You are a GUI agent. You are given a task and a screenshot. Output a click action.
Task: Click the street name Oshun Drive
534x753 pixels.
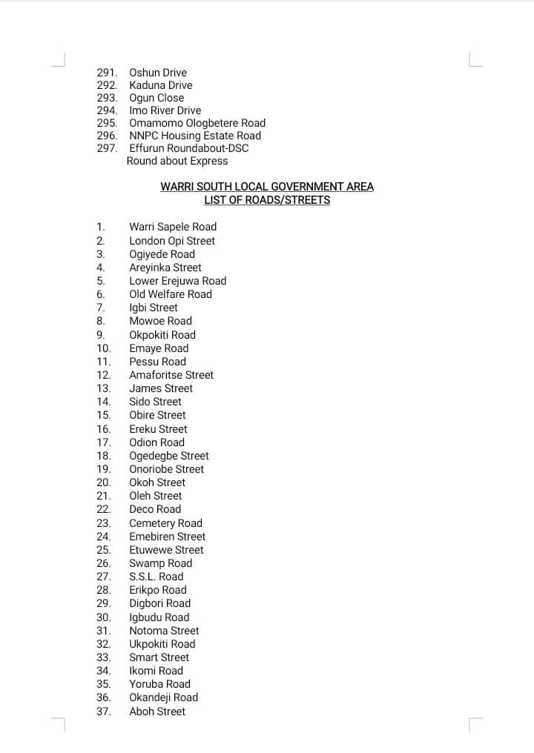pos(158,73)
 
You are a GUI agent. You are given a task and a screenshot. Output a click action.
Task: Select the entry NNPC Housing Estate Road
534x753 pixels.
pos(195,136)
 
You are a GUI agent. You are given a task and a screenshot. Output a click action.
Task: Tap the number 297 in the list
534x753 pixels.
pos(107,148)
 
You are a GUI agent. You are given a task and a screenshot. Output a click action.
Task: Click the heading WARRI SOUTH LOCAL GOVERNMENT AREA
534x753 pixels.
pos(267,187)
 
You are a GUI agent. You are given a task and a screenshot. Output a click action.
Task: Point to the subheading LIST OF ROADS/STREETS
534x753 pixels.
pos(267,200)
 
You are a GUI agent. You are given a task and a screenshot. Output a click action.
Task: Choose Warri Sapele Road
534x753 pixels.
pos(173,227)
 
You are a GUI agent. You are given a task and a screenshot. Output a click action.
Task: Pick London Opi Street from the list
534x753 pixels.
pos(172,241)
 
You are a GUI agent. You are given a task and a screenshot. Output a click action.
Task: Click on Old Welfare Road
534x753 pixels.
pos(171,294)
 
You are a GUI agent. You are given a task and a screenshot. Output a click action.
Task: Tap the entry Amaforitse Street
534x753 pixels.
pos(171,375)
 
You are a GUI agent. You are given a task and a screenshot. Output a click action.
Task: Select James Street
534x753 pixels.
pos(161,388)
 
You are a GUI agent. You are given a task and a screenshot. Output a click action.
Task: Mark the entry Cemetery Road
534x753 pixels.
pos(165,523)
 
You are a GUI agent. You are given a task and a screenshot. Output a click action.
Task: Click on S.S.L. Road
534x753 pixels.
pos(156,577)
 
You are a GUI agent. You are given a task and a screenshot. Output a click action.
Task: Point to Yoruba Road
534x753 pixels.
pos(160,684)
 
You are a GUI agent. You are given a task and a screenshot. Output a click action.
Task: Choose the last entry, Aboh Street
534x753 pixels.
pos(157,711)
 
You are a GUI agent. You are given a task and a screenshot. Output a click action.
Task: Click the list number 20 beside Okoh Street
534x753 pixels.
pos(104,482)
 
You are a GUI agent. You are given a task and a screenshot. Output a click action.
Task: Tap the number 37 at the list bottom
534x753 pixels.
pos(104,711)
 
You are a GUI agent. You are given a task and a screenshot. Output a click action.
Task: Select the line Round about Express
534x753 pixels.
pos(177,161)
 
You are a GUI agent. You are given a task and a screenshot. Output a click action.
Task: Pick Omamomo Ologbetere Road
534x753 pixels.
pos(197,123)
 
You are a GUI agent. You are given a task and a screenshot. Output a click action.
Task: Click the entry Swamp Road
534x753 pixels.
pos(160,563)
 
